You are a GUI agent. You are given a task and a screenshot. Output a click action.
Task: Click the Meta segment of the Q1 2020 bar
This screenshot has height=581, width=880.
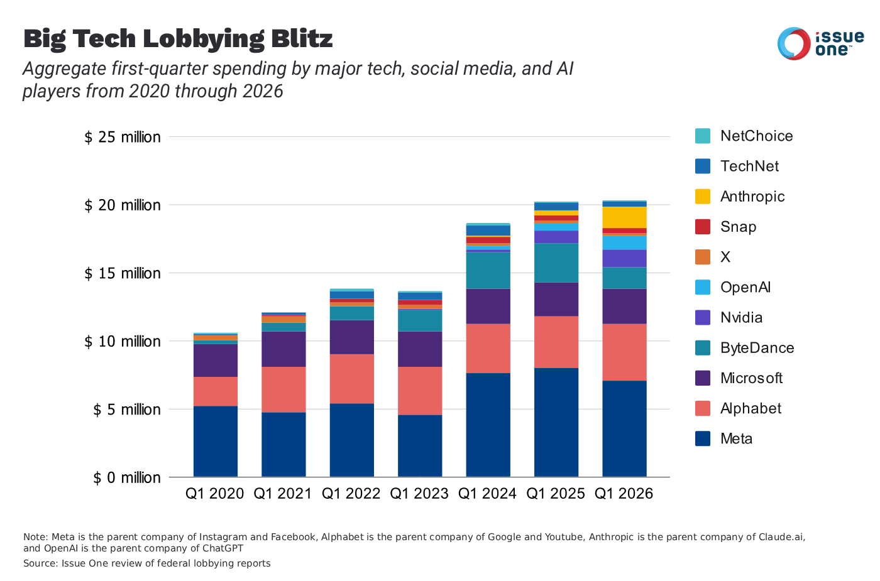216,441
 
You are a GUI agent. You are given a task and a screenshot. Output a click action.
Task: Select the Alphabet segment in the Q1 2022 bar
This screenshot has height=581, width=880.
352,379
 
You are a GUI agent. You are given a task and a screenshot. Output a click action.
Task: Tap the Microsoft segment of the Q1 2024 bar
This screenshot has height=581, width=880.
488,306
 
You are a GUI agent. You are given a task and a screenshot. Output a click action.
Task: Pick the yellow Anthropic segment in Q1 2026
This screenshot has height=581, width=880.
624,217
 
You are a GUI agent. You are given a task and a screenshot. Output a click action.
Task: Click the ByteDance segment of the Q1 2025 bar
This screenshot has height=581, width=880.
556,263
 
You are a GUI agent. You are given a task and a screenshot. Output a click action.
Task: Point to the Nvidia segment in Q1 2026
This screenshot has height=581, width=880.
624,258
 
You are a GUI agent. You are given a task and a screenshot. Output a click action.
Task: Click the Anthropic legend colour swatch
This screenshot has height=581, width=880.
703,197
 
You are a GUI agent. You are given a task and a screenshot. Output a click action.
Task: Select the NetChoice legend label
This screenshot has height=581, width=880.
756,136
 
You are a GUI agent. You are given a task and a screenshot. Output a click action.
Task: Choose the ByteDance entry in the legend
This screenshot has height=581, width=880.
757,348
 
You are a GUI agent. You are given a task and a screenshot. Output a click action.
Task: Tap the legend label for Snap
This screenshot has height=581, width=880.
738,227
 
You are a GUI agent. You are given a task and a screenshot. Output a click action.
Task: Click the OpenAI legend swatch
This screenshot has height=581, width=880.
703,287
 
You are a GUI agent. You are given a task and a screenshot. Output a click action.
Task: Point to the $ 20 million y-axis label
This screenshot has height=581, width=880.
123,205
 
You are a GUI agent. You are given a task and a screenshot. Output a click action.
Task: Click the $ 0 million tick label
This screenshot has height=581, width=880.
127,478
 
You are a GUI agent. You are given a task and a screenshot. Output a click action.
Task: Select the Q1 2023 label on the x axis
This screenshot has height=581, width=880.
419,494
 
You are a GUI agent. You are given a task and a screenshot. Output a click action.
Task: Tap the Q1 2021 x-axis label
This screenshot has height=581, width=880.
283,494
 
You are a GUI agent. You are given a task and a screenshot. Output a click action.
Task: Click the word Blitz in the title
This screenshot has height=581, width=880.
302,39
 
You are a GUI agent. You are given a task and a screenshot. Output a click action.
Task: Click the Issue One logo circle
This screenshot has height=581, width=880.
794,43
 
